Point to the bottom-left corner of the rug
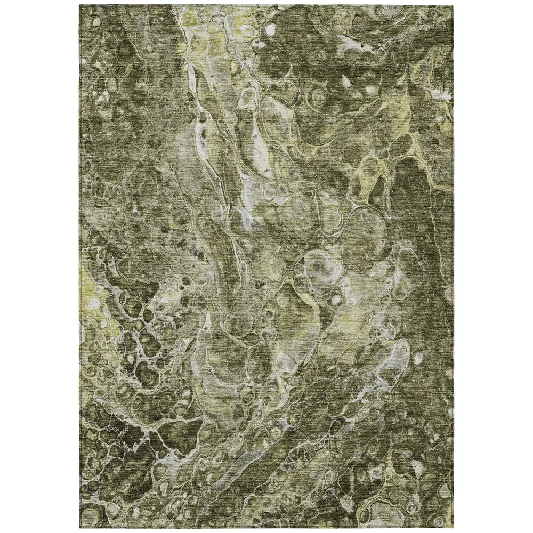tap(80, 529)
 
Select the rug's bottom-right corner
tap(454, 529)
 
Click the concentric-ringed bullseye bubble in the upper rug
tap(318, 97)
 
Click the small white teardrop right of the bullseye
tap(346, 80)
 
